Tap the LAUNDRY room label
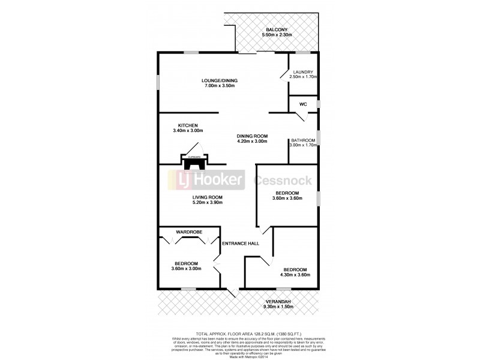pos(302,72)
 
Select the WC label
pos(303,104)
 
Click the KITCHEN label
pos(188,125)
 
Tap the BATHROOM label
pos(303,140)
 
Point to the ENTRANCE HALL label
pos(239,243)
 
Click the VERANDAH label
pos(278,301)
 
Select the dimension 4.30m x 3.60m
pos(295,275)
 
